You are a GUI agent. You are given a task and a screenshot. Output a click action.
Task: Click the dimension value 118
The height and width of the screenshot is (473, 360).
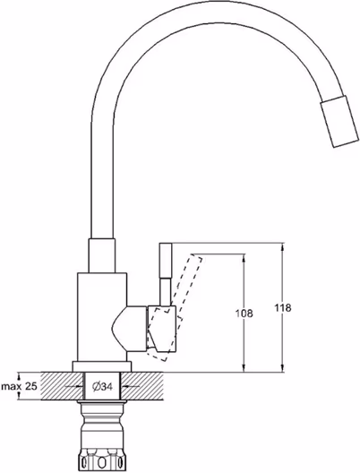283,308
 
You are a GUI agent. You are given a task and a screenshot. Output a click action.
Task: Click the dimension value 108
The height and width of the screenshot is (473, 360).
244,314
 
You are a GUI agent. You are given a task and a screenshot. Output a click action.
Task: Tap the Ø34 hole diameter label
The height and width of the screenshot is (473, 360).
102,386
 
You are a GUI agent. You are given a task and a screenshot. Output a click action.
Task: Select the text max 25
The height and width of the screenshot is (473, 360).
20,386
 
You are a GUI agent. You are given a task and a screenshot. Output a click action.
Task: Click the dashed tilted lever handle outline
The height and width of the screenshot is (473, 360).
175,302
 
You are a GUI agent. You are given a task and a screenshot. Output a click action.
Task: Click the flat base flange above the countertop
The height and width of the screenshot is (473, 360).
102,366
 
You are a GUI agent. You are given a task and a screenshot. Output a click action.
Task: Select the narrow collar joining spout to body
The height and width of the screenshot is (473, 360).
101,256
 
